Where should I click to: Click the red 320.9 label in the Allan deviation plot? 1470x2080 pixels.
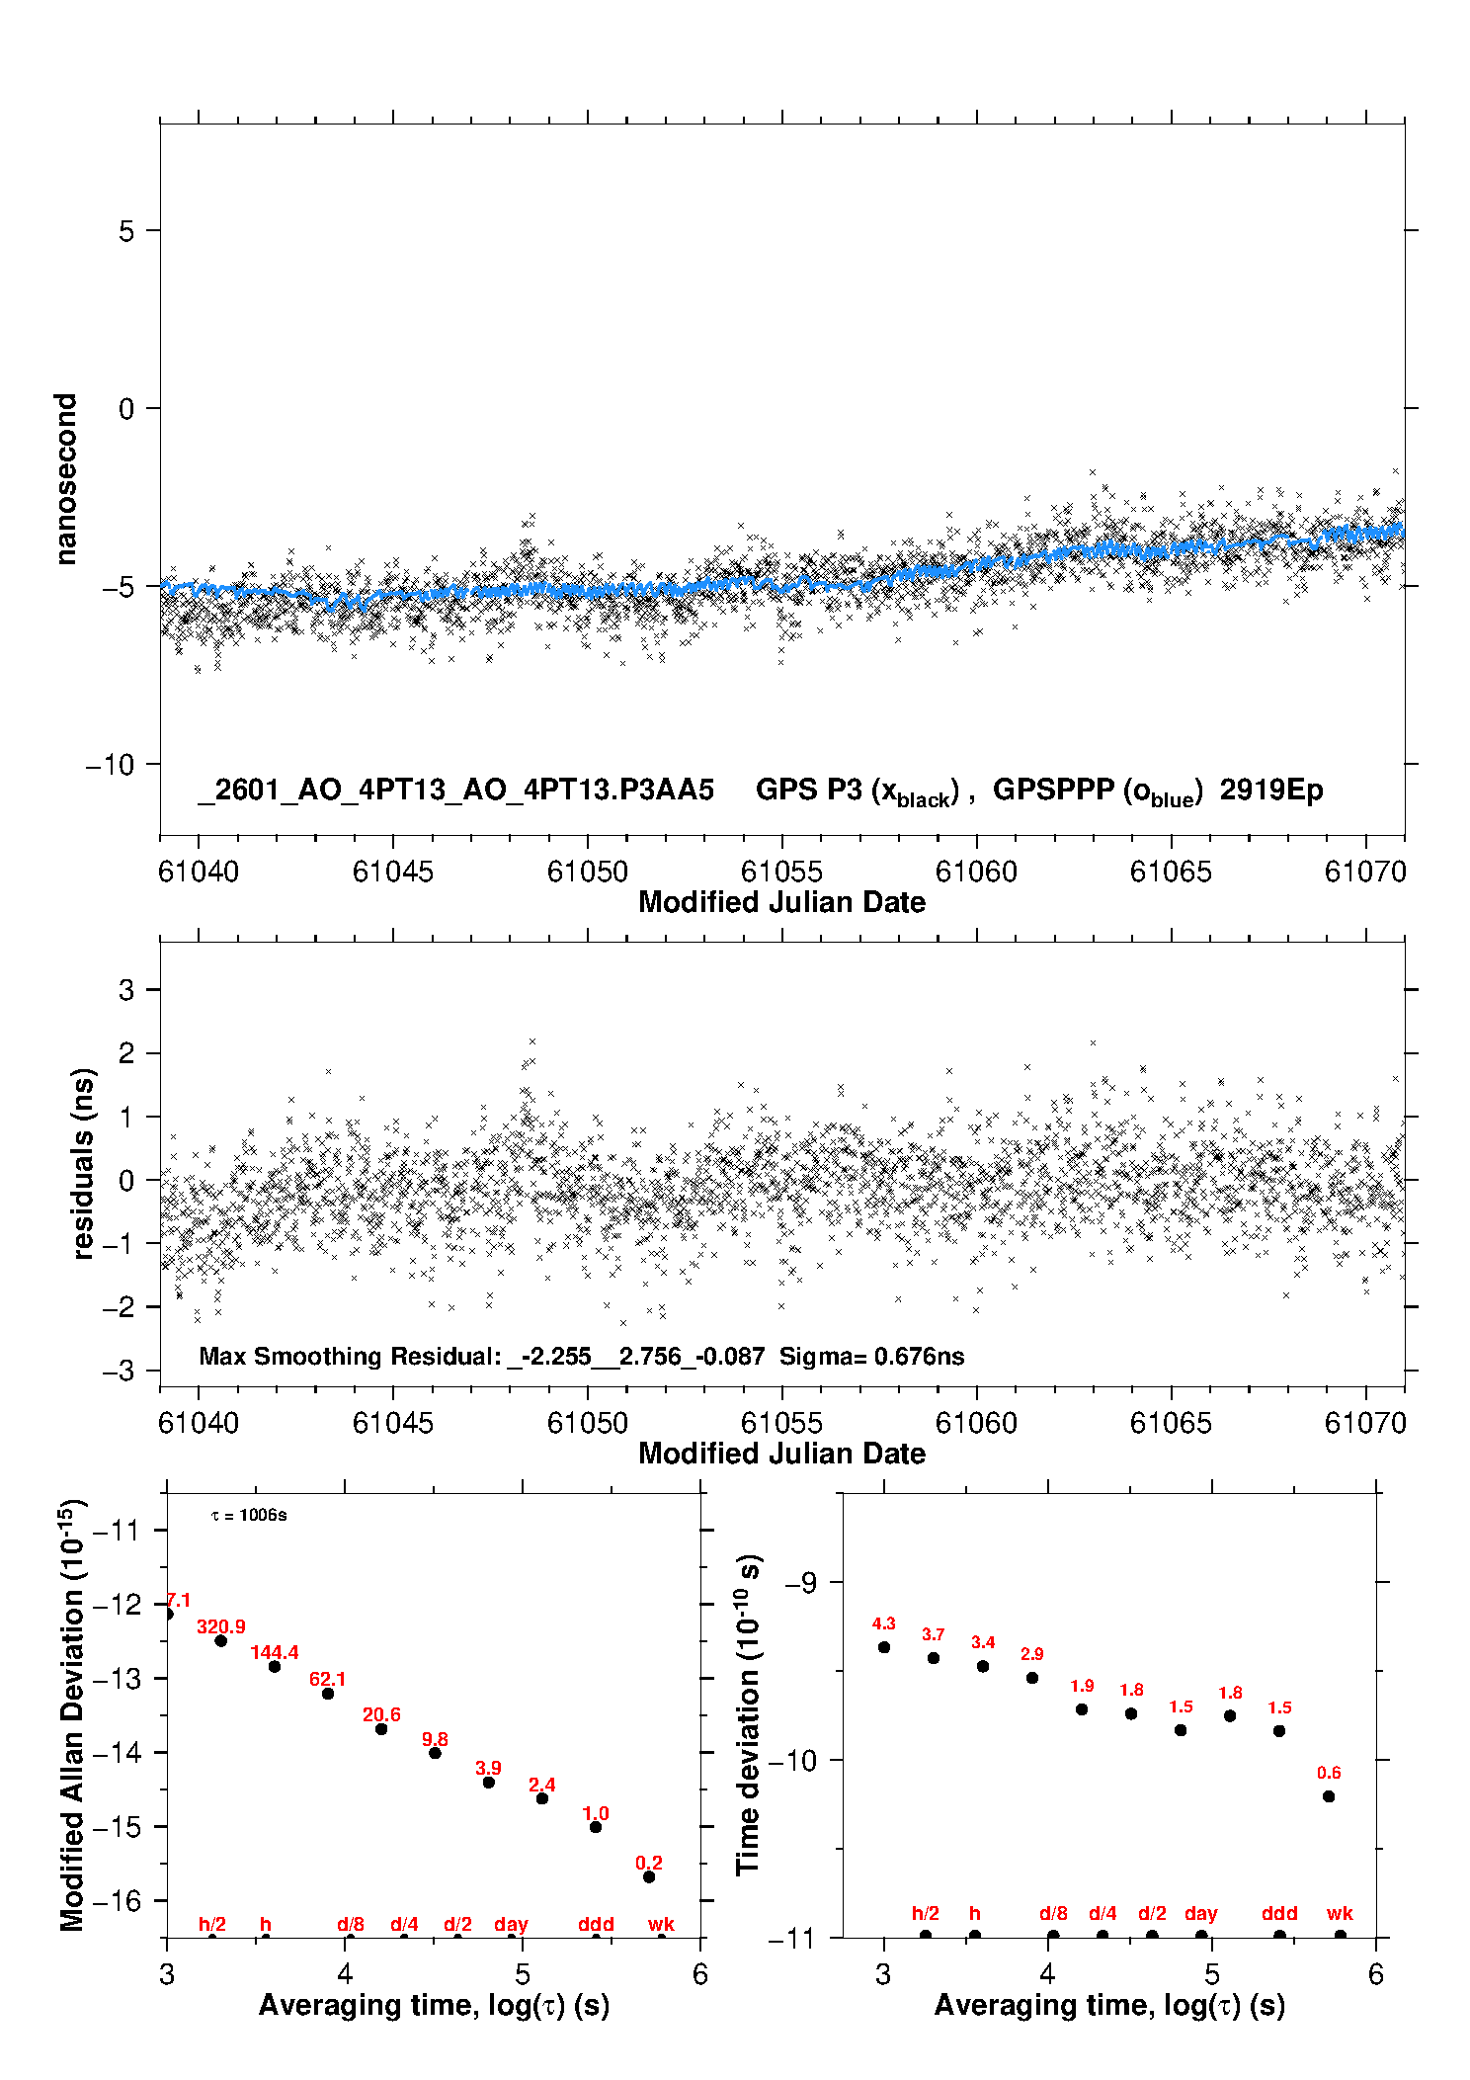(x=220, y=1626)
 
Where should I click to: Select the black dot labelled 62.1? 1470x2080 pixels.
(x=328, y=1693)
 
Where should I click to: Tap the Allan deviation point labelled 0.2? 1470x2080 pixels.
(x=649, y=1876)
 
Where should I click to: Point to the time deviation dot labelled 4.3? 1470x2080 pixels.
(x=884, y=1647)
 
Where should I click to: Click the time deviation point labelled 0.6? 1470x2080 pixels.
(x=1329, y=1796)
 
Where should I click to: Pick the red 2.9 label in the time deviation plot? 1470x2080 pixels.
(x=1032, y=1654)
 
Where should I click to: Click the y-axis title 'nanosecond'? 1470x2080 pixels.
(x=65, y=479)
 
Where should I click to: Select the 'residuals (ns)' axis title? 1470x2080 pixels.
(x=83, y=1163)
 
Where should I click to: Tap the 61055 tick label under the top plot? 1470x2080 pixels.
(x=781, y=872)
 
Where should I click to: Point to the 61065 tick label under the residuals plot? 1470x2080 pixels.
(x=1171, y=1423)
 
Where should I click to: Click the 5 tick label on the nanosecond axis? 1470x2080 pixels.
(x=126, y=231)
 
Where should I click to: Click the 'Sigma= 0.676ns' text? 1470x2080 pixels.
(x=871, y=1356)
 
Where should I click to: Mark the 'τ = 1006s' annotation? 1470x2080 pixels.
(x=249, y=1516)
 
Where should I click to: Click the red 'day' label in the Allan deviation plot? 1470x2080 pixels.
(x=511, y=1924)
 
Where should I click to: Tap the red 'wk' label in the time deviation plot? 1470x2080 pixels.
(x=1340, y=1913)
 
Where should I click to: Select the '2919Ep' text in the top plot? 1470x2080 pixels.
(x=1270, y=790)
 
